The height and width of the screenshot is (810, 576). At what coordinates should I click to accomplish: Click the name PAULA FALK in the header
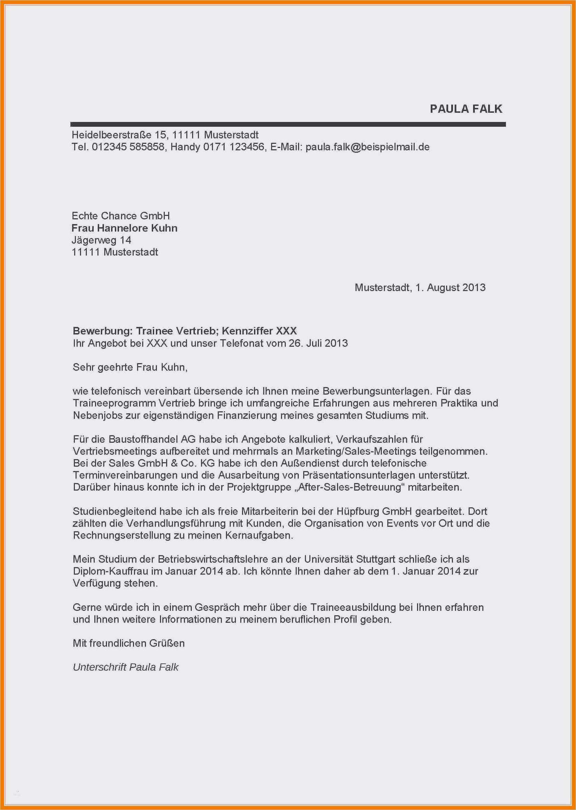point(466,109)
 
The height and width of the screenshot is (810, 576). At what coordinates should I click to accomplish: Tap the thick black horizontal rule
point(288,124)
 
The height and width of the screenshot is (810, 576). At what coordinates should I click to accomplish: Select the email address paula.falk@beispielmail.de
point(367,147)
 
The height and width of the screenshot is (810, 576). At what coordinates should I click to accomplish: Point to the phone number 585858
point(147,147)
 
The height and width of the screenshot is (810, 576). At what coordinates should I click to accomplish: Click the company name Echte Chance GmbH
point(121,216)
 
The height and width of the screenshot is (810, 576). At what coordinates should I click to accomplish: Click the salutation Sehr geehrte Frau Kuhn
point(130,367)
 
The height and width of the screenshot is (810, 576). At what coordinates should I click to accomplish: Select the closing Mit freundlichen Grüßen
point(129,643)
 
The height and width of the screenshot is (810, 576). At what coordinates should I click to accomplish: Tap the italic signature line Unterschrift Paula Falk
point(125,667)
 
